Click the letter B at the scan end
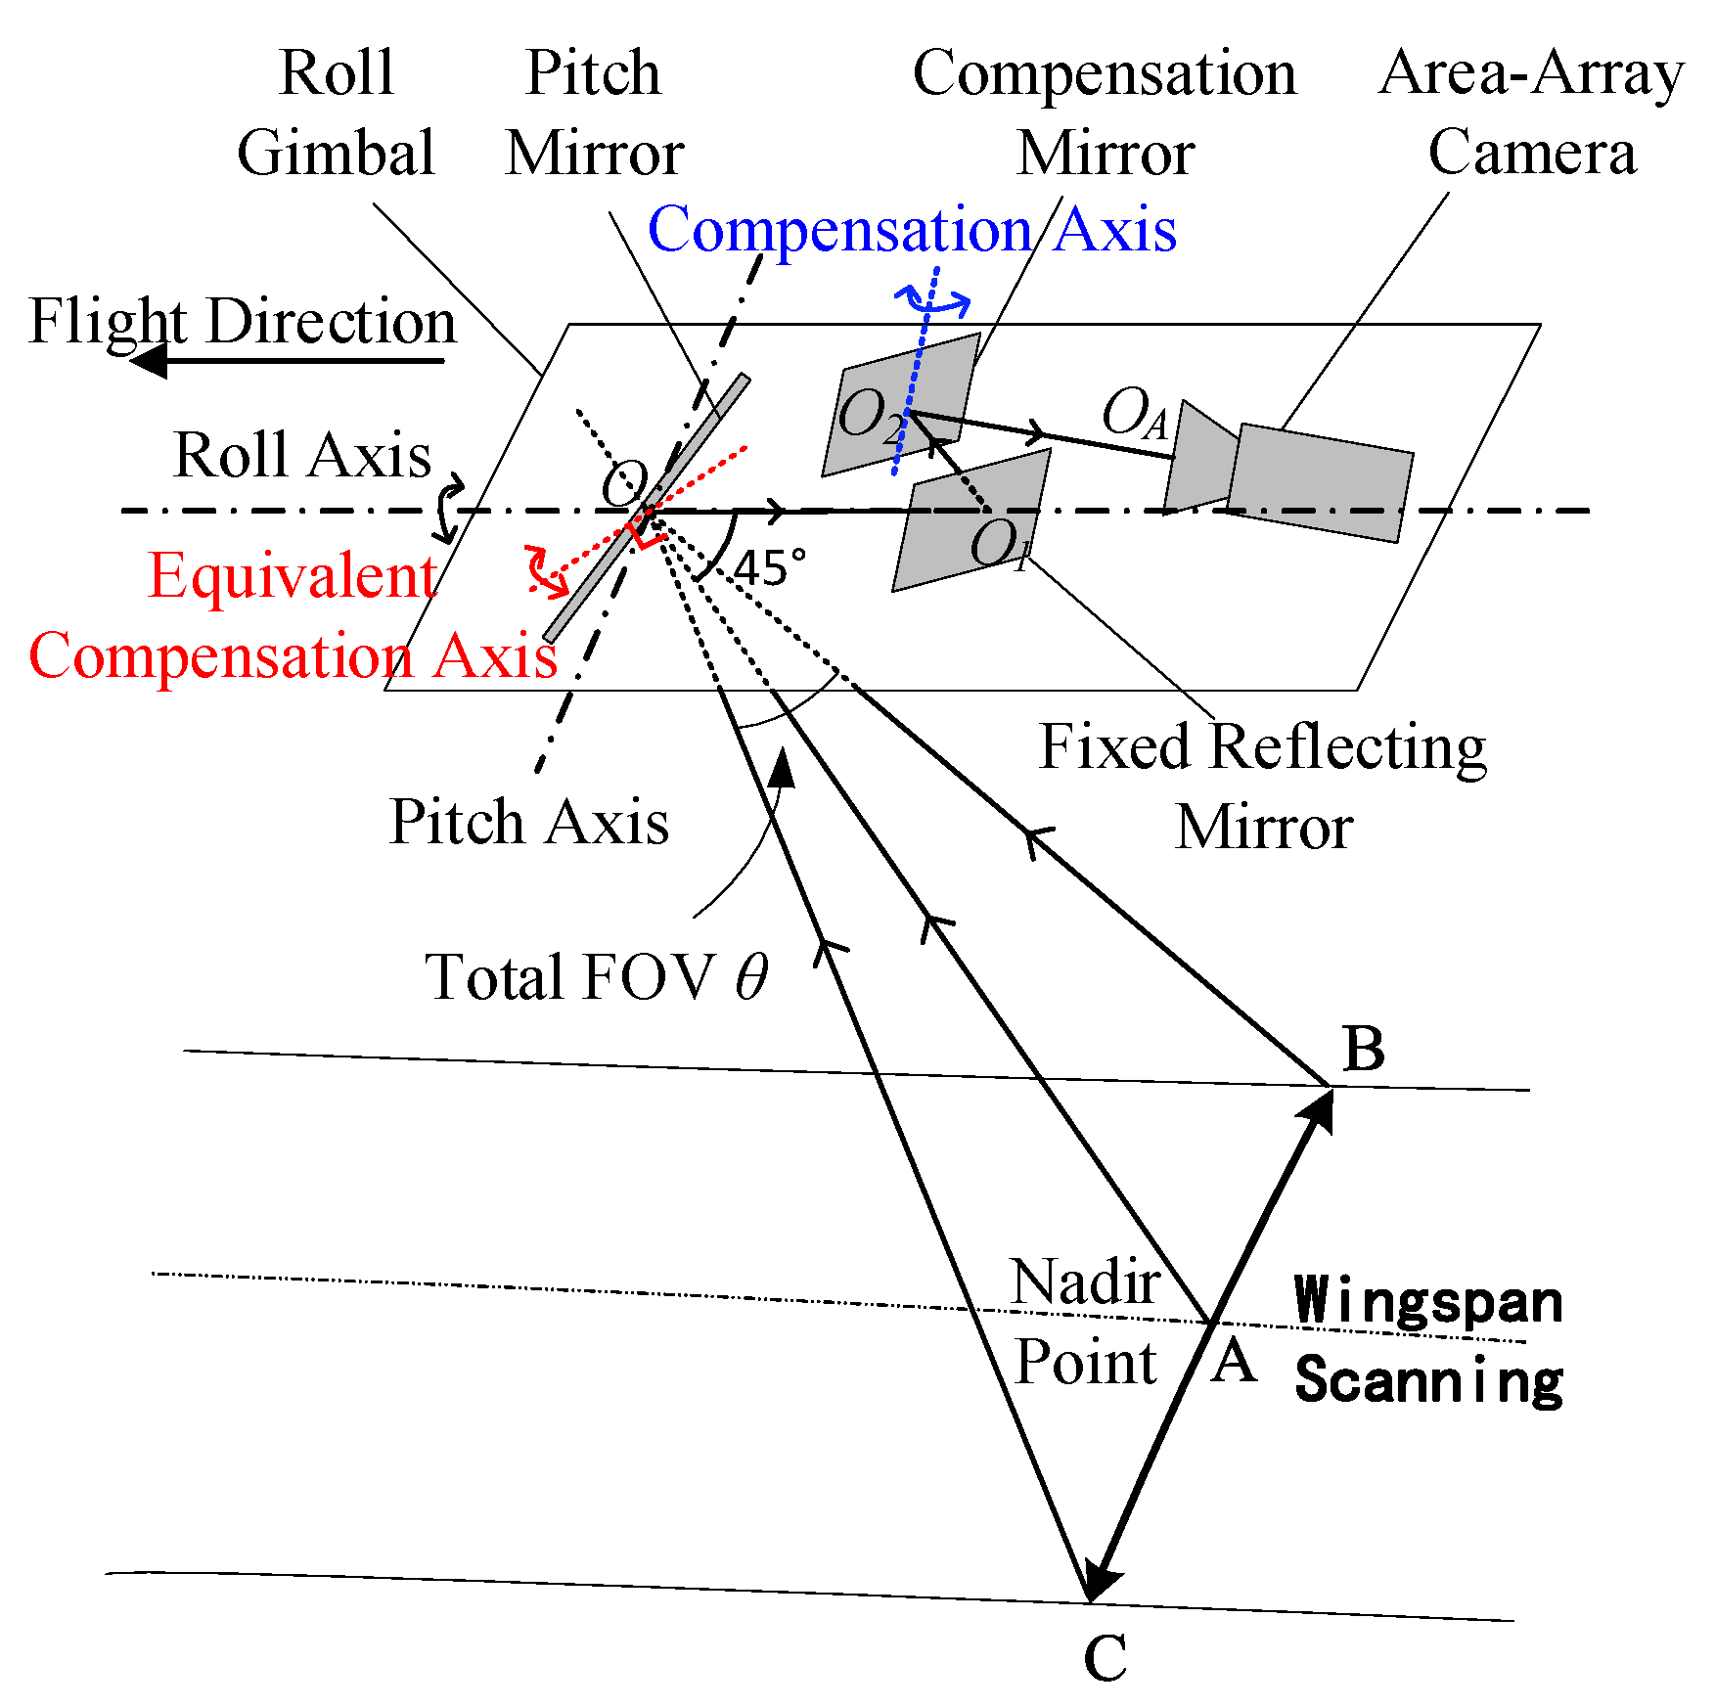[1364, 1050]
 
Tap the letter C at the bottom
[1105, 1657]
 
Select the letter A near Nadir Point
[1233, 1361]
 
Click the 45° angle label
[770, 568]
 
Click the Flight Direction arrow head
[150, 361]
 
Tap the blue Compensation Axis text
[911, 230]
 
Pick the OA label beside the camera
[1134, 412]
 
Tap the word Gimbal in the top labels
[336, 154]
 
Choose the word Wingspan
[1427, 1301]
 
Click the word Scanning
[1427, 1379]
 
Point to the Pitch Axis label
[528, 822]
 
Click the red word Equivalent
[292, 575]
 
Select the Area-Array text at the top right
[1531, 73]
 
